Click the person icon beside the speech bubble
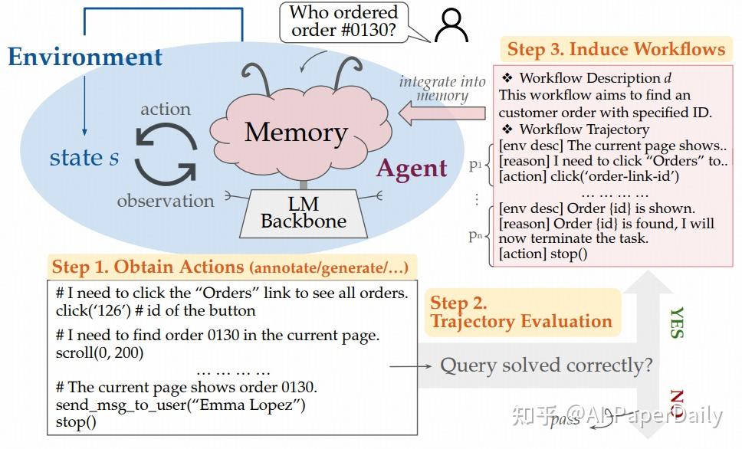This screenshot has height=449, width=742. tap(451, 25)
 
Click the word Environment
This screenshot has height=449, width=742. tap(85, 57)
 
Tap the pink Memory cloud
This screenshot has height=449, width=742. tap(295, 132)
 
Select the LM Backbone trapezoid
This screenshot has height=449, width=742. tap(303, 212)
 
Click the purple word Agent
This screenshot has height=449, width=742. tap(411, 168)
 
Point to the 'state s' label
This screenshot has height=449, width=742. tap(84, 158)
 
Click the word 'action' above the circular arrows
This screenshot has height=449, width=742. tap(165, 109)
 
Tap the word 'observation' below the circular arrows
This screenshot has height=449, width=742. tap(165, 201)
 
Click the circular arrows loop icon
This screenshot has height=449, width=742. tap(166, 155)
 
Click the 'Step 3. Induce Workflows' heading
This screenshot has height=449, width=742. tap(616, 50)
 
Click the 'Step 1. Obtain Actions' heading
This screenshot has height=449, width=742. tap(231, 267)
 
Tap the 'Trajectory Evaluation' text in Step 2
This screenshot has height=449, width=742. tap(521, 321)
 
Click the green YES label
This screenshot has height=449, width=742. tap(677, 323)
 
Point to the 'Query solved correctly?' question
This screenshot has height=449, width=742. tap(546, 365)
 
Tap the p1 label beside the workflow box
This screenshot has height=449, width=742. tap(476, 165)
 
